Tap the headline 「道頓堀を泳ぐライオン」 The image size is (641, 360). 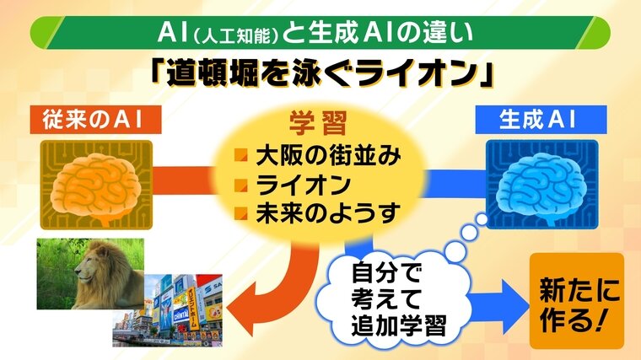click(321, 73)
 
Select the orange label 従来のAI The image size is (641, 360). click(95, 120)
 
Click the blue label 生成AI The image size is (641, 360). click(541, 120)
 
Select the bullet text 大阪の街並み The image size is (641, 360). click(328, 156)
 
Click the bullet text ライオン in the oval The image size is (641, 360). click(304, 185)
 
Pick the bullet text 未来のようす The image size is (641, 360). click(328, 213)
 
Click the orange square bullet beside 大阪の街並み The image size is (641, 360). click(240, 155)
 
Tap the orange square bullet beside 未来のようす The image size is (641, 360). click(240, 213)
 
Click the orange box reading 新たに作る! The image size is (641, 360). click(577, 301)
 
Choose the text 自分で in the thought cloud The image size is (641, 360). click(386, 272)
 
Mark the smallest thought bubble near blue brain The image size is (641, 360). click(482, 220)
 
